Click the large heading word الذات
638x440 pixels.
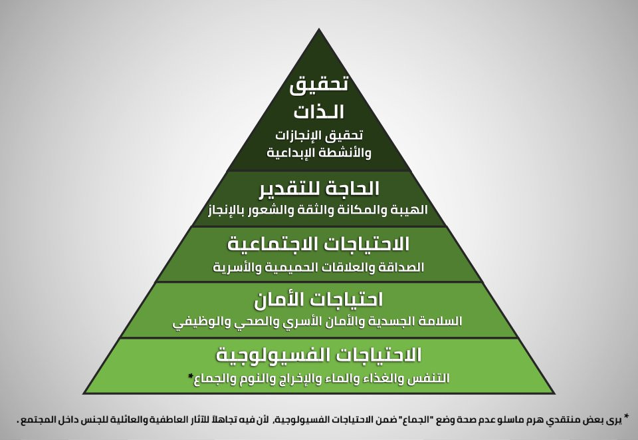[x=320, y=110]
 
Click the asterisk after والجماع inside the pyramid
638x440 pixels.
[x=190, y=377]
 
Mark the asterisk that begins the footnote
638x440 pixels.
[x=626, y=415]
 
